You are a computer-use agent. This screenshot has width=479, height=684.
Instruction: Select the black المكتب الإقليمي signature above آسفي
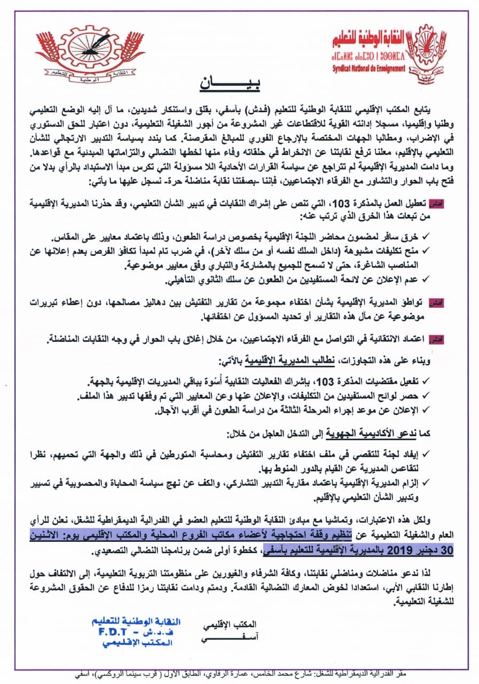[231, 624]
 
